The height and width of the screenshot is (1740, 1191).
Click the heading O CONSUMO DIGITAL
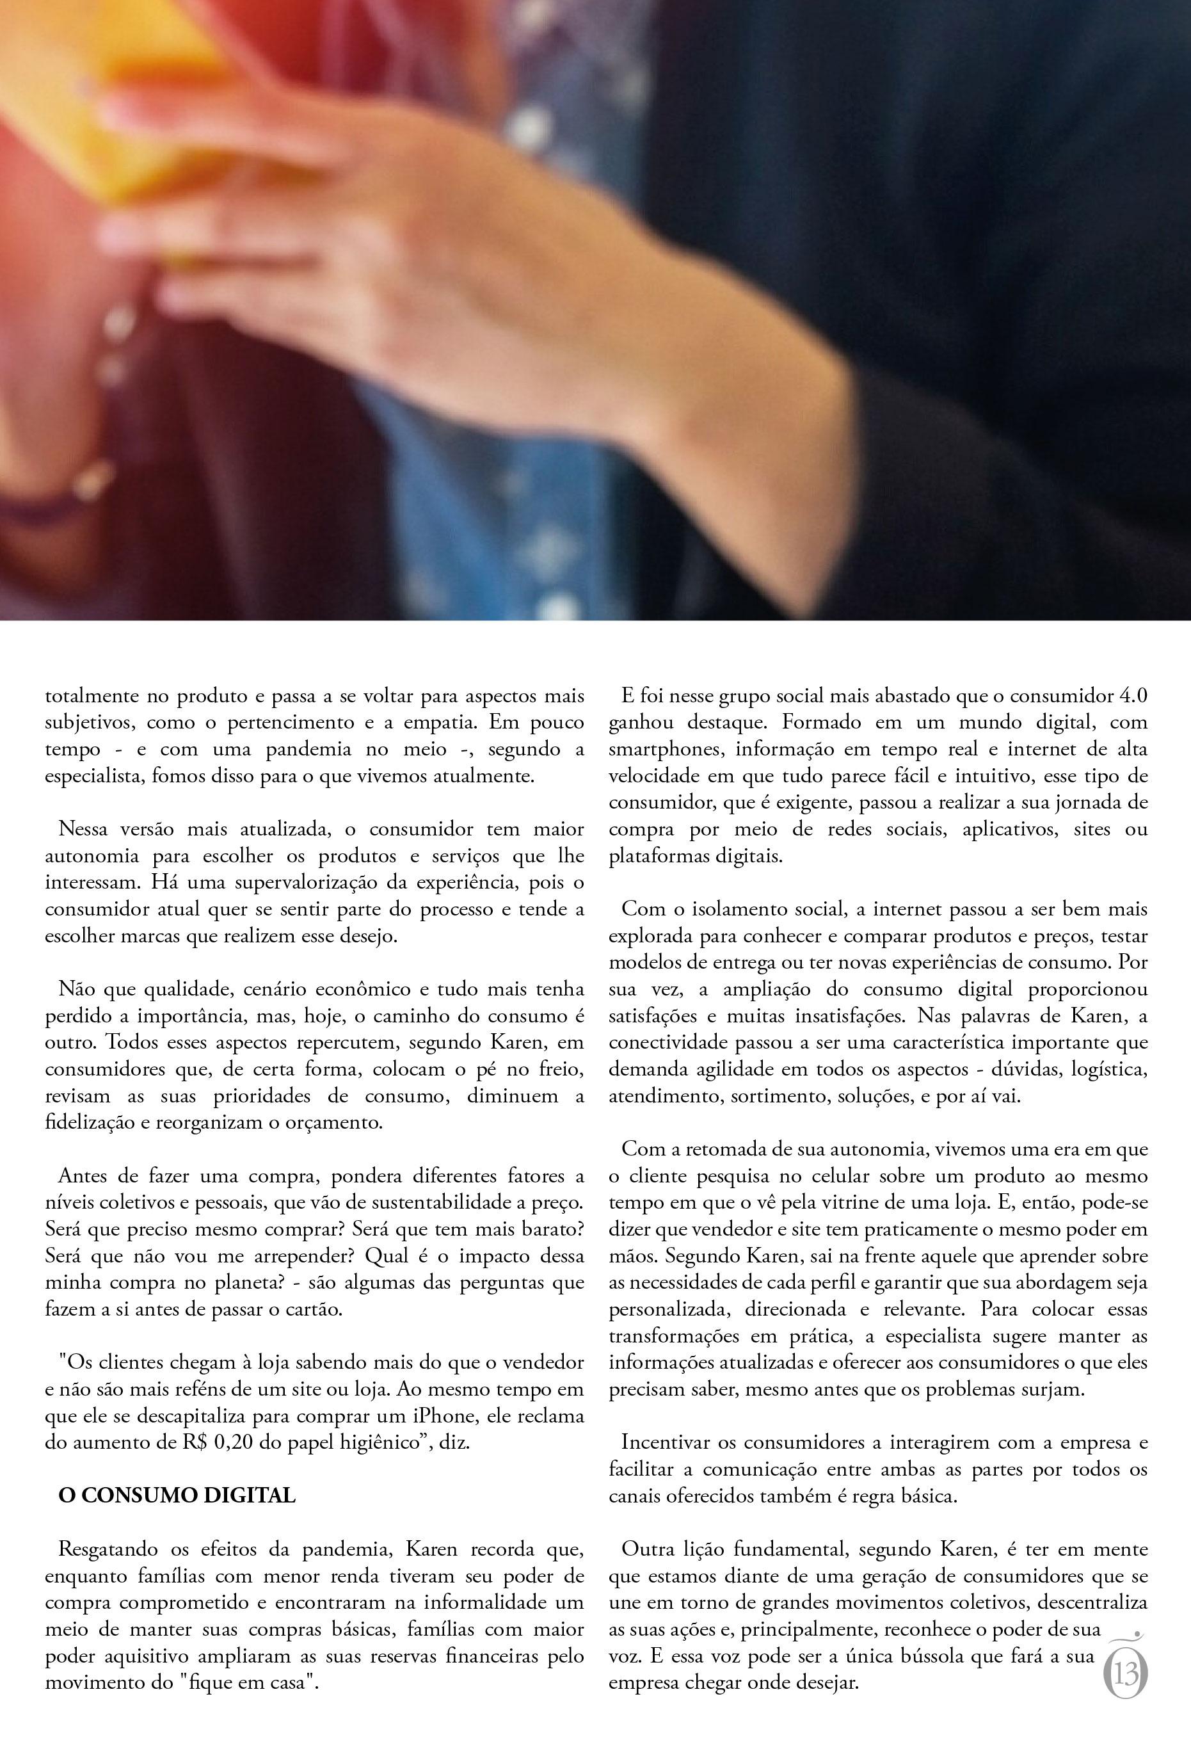pyautogui.click(x=177, y=1495)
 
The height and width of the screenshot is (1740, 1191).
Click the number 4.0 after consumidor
pyautogui.click(x=1133, y=695)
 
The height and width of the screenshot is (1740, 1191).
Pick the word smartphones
pyautogui.click(x=666, y=749)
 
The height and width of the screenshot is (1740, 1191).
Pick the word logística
pyautogui.click(x=1110, y=1069)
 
